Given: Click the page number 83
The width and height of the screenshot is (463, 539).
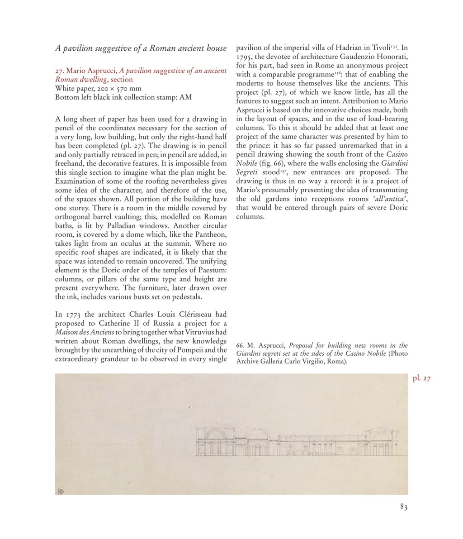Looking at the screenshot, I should [404, 507].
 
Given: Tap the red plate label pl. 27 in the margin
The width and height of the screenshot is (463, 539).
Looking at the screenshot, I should [421, 378].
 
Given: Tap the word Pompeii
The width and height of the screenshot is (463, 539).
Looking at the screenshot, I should [192, 350].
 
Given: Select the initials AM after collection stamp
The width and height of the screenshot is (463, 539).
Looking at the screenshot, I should [185, 97].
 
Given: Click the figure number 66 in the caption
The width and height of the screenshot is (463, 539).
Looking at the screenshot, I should [240, 346].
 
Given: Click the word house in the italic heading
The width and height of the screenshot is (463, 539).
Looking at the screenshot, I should [216, 48].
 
